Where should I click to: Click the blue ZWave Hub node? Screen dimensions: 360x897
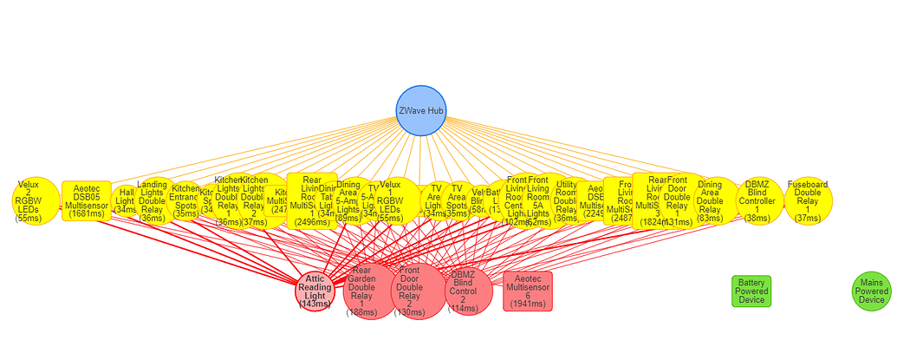tap(420, 110)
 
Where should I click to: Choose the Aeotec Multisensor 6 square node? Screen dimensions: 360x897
tap(528, 291)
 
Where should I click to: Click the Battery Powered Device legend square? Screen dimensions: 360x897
tap(751, 291)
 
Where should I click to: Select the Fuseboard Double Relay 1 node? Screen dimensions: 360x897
tap(808, 201)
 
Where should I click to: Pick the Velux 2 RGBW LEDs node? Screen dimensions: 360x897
tap(36, 201)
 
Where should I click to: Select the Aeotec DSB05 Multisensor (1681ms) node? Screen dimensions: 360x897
tap(87, 201)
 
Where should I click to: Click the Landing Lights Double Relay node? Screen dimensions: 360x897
tap(153, 201)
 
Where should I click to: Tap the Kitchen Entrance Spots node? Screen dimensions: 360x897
tap(185, 201)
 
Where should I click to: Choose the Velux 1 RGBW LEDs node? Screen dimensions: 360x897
tap(391, 201)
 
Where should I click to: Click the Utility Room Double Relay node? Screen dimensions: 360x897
tap(567, 201)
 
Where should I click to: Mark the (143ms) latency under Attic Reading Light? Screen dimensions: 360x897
tap(315, 304)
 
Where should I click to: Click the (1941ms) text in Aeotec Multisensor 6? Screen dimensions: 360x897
tap(528, 304)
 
